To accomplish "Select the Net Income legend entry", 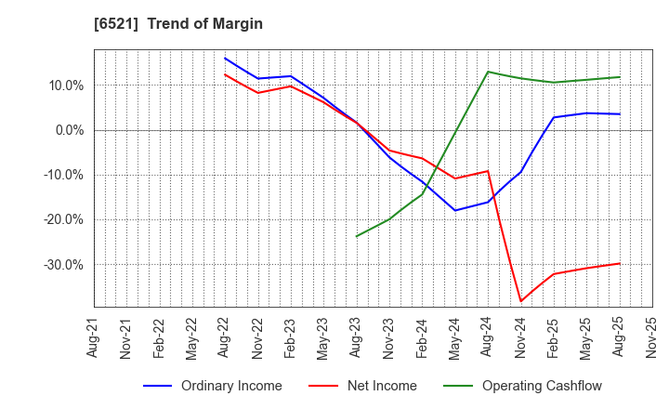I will click(x=381, y=386).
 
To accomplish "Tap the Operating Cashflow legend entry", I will click(x=541, y=386).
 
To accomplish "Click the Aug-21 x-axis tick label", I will click(x=94, y=336).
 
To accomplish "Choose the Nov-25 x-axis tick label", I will click(x=651, y=336).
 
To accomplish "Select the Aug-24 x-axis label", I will click(x=488, y=336).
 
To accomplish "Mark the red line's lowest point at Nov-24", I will click(x=520, y=301).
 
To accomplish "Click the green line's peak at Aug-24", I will click(x=488, y=72).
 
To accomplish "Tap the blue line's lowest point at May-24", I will click(x=455, y=210).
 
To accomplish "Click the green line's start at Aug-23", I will click(x=357, y=236).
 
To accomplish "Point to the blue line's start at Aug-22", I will click(x=225, y=58).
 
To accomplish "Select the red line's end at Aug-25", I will click(x=619, y=263).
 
